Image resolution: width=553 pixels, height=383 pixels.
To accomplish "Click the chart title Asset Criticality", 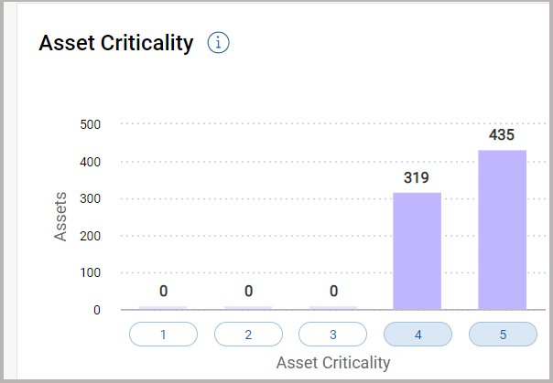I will pyautogui.click(x=116, y=43).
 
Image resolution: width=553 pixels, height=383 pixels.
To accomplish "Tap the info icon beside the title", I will pyautogui.click(x=218, y=43).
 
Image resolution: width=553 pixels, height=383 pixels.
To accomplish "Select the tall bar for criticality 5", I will pyautogui.click(x=502, y=229).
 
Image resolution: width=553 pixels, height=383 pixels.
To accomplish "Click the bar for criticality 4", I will pyautogui.click(x=417, y=250).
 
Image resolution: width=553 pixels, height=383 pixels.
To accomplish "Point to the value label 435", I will pyautogui.click(x=502, y=135).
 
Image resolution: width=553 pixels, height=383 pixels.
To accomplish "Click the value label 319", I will pyautogui.click(x=417, y=177).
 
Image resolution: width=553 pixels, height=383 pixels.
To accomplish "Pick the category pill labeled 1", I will pyautogui.click(x=163, y=335).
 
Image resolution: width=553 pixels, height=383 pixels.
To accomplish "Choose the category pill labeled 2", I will pyautogui.click(x=248, y=335).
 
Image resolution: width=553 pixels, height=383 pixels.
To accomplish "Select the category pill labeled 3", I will pyautogui.click(x=333, y=335).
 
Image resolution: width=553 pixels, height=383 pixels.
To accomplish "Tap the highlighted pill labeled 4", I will pyautogui.click(x=417, y=335).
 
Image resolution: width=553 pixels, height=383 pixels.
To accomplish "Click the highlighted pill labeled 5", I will pyautogui.click(x=503, y=335).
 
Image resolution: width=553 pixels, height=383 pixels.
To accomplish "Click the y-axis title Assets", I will pyautogui.click(x=61, y=216).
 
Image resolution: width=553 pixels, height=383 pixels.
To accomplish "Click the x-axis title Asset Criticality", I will pyautogui.click(x=333, y=363).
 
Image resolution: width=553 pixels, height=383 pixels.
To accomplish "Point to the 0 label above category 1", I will pyautogui.click(x=163, y=292).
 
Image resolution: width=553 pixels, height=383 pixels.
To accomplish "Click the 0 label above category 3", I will pyautogui.click(x=333, y=292).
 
